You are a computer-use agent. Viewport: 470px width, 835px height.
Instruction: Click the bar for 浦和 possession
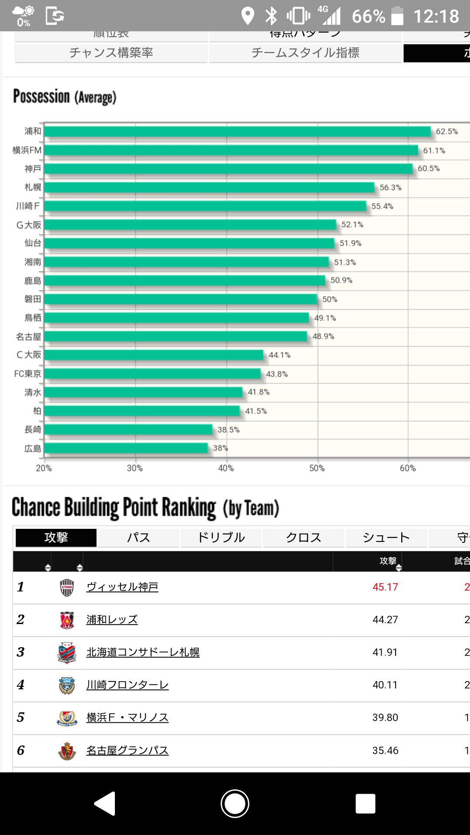point(237,131)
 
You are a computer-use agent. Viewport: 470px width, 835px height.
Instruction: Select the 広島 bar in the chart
point(126,448)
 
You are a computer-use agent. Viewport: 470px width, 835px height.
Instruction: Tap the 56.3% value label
point(390,187)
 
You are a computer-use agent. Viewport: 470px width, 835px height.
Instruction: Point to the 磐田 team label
point(33,299)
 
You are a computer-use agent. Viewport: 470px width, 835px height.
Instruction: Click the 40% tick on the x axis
point(226,468)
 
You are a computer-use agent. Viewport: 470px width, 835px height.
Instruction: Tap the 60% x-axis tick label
point(408,468)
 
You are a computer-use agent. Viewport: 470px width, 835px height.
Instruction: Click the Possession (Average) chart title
point(65,97)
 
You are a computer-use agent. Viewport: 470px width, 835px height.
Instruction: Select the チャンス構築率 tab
point(111,53)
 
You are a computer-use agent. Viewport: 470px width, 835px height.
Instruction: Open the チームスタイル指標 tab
point(305,53)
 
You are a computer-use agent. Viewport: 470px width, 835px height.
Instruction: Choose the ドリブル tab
point(221,538)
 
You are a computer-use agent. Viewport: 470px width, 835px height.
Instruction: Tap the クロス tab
point(303,538)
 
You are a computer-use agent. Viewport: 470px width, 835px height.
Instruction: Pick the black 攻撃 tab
point(56,538)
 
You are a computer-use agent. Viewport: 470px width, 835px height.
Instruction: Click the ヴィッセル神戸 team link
point(122,587)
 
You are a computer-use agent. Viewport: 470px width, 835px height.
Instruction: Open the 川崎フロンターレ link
point(127,685)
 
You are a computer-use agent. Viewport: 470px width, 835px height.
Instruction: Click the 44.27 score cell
point(385,620)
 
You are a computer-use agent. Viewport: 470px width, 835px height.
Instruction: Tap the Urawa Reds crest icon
point(67,620)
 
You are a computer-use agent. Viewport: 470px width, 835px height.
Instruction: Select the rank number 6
point(20,750)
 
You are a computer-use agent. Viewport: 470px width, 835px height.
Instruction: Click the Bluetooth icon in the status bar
point(271,16)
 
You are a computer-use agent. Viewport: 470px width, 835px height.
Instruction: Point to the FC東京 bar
point(152,374)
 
